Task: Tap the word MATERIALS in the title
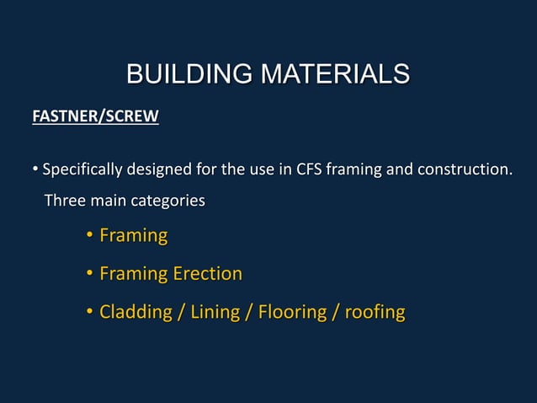[x=335, y=74]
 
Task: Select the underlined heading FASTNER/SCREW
[x=95, y=116]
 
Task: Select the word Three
[x=64, y=201]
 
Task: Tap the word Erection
[x=207, y=273]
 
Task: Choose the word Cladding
[x=134, y=313]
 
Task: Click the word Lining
[x=215, y=313]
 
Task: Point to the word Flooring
[x=291, y=313]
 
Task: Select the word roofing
[x=375, y=313]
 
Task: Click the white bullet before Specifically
[x=35, y=170]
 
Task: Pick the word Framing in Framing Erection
[x=133, y=273]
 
